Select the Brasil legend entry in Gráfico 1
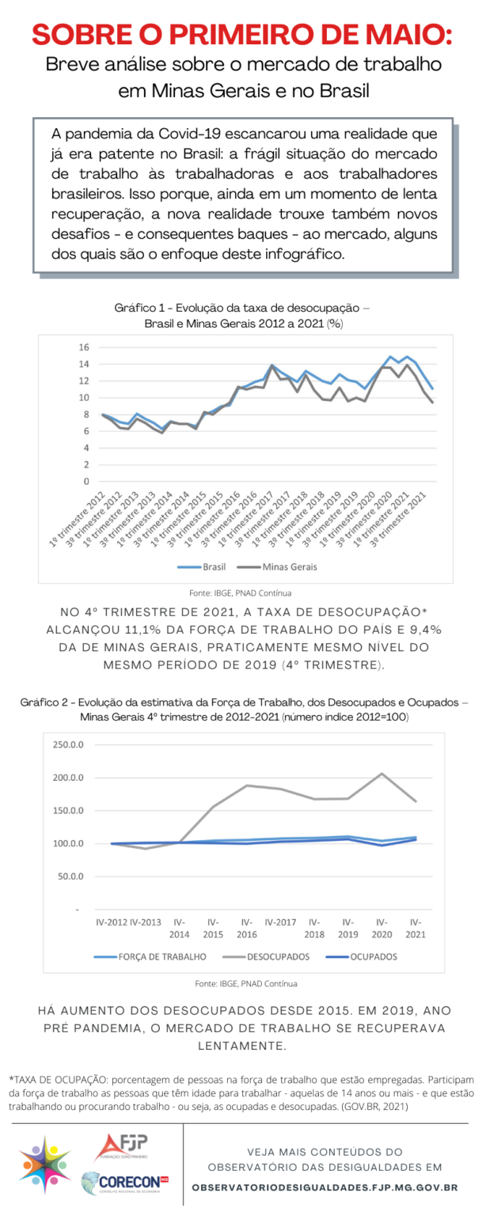[x=202, y=567]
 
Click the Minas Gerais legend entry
[x=278, y=567]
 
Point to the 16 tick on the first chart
[x=84, y=347]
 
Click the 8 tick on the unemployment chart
[x=85, y=414]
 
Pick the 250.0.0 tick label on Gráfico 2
[x=68, y=744]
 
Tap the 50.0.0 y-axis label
[x=70, y=876]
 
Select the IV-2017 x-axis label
[x=281, y=922]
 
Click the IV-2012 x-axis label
[x=112, y=922]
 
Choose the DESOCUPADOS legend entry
[x=266, y=957]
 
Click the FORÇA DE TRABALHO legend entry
[x=150, y=957]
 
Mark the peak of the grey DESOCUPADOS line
[x=382, y=774]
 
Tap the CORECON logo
[x=125, y=1183]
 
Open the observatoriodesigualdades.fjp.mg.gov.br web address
[x=325, y=1187]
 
